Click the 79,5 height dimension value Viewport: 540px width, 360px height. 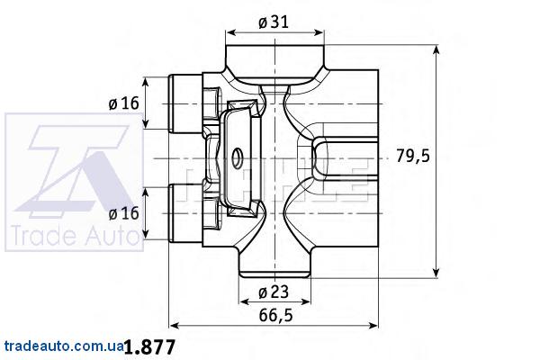click(413, 156)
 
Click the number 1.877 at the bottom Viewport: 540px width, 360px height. click(148, 346)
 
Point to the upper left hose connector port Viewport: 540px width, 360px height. click(185, 103)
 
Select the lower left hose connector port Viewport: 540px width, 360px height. click(185, 214)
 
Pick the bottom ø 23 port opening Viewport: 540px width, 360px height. click(273, 265)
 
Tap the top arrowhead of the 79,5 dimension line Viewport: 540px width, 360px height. click(436, 42)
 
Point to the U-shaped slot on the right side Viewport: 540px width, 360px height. click(346, 157)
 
